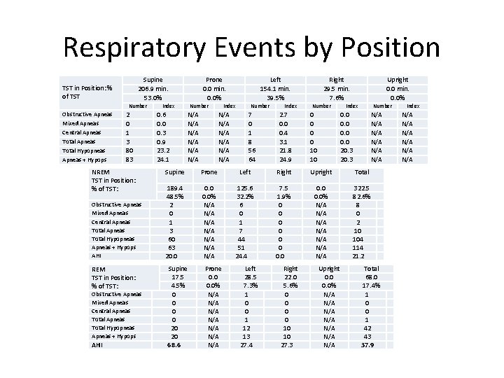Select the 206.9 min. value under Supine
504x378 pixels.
[153, 89]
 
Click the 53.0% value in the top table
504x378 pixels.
[153, 98]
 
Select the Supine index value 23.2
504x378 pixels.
[162, 150]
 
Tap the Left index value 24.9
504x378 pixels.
[283, 159]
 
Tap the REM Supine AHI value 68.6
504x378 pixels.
[174, 345]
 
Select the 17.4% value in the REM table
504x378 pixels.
[372, 286]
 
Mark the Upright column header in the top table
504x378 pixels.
[398, 80]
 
